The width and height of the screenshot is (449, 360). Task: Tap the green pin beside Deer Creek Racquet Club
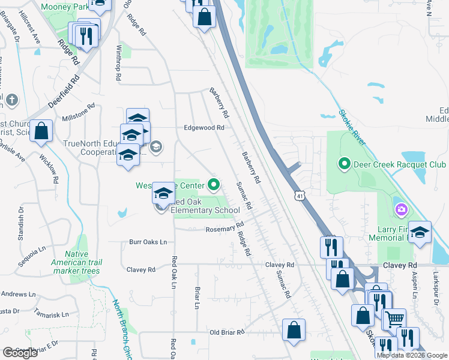(345, 163)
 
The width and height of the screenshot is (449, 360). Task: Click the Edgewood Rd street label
(204, 128)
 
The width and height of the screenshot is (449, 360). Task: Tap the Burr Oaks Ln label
(148, 242)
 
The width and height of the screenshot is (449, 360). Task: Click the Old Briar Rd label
(227, 332)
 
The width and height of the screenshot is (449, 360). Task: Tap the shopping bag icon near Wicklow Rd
(41, 131)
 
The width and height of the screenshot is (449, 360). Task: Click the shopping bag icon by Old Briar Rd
(294, 330)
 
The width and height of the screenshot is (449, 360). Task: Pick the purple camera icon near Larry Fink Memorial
(401, 209)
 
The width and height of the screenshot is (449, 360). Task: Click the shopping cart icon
(394, 319)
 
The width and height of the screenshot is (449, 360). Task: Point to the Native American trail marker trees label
(83, 262)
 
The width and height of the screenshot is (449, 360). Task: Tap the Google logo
(20, 352)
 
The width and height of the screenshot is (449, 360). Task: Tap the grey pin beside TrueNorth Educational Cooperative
(155, 146)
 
